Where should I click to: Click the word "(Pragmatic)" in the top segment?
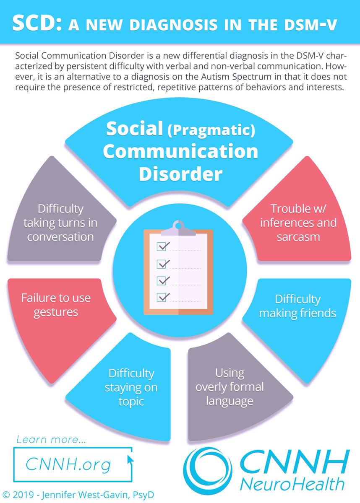coord(211,130)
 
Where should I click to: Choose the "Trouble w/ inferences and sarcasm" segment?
coord(298,223)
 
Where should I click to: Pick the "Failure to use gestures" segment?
coord(56,305)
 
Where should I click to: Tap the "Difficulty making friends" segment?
coord(297,306)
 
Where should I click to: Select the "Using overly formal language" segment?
coord(230,387)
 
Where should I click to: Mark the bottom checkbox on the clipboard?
coord(162,297)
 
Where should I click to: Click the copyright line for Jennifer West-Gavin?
coord(78,495)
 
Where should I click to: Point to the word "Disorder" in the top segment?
coord(180,174)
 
